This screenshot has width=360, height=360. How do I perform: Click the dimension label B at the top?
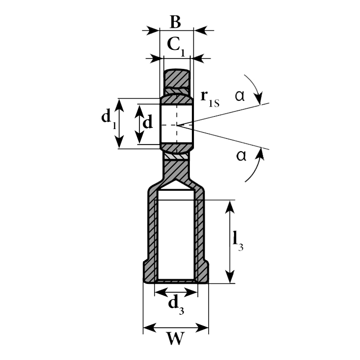click(175, 22)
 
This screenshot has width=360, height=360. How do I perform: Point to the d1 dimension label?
click(109, 119)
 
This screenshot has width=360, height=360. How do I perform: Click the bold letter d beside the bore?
click(148, 122)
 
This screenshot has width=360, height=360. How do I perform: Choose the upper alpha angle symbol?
click(240, 96)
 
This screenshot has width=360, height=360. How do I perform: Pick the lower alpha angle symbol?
click(241, 156)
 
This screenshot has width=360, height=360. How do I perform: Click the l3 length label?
click(238, 241)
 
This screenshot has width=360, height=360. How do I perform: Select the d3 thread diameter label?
click(176, 304)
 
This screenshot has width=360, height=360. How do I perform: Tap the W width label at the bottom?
click(176, 338)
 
